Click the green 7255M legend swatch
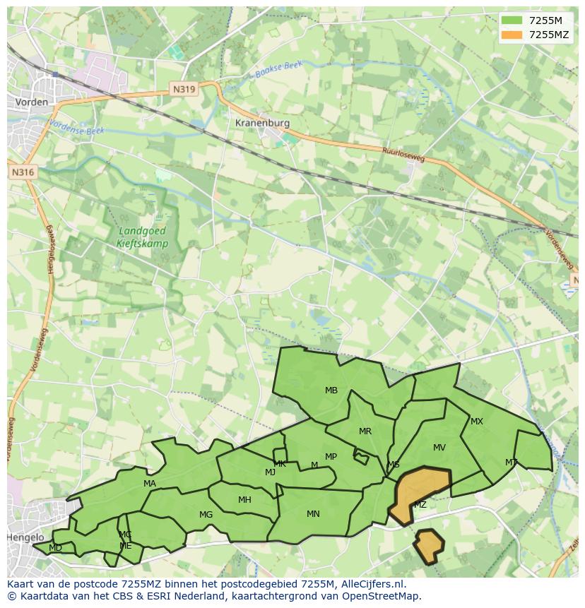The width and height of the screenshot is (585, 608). (513, 20)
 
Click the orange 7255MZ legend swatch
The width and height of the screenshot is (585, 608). (513, 35)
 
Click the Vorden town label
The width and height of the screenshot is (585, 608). (31, 102)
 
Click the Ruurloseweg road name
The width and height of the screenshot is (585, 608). (403, 154)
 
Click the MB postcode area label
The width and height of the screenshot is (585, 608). (331, 391)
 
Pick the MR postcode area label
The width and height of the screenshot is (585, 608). (365, 431)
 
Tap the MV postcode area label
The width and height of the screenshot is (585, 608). (439, 448)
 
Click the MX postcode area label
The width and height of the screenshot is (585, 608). (477, 422)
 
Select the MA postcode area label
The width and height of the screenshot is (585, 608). (150, 484)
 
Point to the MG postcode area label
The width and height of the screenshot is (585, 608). (206, 515)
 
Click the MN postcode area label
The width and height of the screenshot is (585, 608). (313, 513)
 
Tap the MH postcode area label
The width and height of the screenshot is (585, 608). (244, 500)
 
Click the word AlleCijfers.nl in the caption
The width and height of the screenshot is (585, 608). (370, 584)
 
